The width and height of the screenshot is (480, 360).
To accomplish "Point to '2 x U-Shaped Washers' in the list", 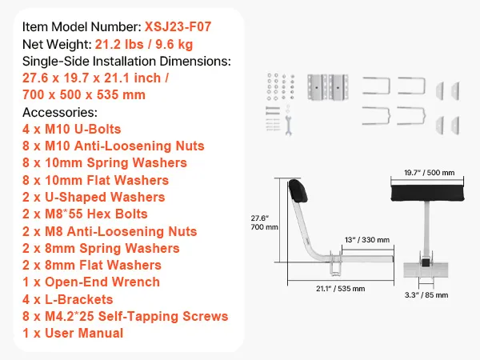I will (x=94, y=197).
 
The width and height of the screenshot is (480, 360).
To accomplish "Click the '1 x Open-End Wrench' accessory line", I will (x=90, y=282).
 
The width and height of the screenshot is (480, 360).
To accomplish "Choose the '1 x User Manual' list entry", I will (x=73, y=333).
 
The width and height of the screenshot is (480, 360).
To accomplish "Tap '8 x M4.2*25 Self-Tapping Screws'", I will (x=125, y=316).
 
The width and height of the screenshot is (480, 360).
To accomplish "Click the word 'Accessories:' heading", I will (x=60, y=112).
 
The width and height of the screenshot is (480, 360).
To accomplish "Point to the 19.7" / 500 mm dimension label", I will (x=422, y=172).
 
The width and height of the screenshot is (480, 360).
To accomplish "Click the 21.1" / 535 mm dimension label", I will (x=337, y=288).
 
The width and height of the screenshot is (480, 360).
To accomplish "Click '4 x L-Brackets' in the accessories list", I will (x=68, y=299).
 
